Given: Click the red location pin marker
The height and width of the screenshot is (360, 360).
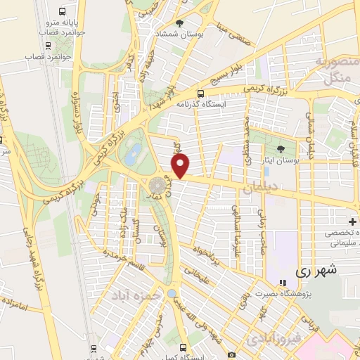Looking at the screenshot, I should [181, 167].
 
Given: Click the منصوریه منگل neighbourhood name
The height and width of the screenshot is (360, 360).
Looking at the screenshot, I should [333, 67].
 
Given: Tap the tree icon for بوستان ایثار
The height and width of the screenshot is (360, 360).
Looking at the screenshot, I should [281, 149].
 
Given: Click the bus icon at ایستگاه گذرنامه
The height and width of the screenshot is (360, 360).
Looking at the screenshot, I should [201, 94].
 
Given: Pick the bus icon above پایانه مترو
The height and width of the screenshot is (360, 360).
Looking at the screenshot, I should [62, 12].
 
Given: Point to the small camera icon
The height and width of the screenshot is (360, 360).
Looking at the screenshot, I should [232, 355].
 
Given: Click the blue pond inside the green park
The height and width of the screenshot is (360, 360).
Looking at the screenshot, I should [130, 157].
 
